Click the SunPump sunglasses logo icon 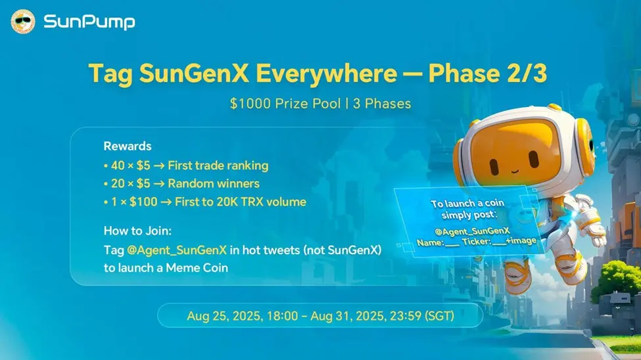click(23, 22)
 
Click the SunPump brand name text click(89, 22)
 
